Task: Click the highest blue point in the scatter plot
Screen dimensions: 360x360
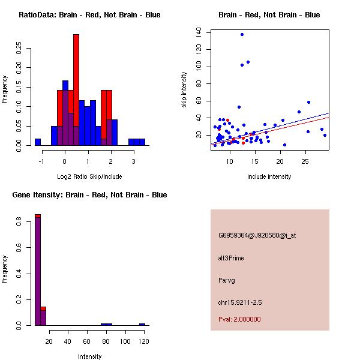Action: [242, 34]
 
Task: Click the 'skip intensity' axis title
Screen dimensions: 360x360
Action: [185, 90]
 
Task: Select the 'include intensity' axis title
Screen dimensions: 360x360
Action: [269, 176]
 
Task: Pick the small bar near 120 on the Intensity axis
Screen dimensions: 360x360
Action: [142, 324]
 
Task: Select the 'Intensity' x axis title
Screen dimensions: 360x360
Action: [89, 356]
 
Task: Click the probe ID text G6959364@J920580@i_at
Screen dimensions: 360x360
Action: [257, 235]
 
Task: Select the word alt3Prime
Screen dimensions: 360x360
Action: [231, 258]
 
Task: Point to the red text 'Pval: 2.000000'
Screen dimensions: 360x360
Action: [239, 319]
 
